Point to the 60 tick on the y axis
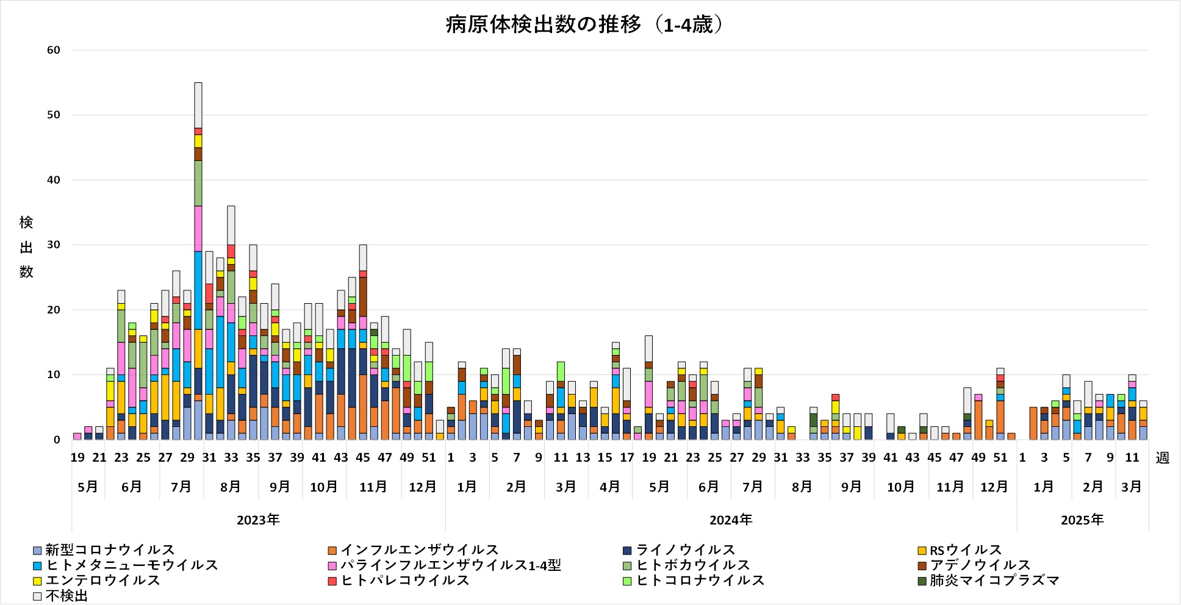[54, 50]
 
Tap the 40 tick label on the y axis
[54, 180]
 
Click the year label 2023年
[258, 520]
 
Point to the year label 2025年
[1082, 520]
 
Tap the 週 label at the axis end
[1163, 458]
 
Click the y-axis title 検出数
[26, 247]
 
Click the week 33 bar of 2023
[231, 323]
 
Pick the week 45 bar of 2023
[363, 342]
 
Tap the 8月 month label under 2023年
[231, 487]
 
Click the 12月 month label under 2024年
[994, 487]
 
